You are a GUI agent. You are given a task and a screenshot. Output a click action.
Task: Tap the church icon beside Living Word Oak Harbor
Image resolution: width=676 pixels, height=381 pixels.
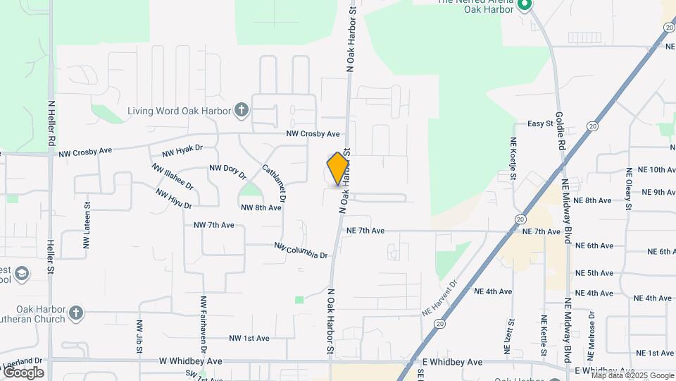pyautogui.click(x=242, y=110)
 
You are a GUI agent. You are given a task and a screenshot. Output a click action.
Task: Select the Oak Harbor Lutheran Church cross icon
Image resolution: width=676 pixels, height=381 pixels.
pyautogui.click(x=76, y=312)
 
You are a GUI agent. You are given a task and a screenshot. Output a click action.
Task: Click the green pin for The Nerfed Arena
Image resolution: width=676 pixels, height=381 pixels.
pyautogui.click(x=524, y=6)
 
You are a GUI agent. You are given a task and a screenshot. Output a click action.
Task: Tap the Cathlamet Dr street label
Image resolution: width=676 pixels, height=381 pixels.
pyautogui.click(x=274, y=184)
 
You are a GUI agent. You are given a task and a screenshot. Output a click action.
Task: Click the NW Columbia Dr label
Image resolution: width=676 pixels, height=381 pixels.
pyautogui.click(x=301, y=250)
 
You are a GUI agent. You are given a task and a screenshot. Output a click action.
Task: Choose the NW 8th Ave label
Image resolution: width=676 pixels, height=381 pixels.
pyautogui.click(x=261, y=208)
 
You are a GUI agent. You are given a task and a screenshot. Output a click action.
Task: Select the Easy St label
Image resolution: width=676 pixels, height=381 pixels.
pyautogui.click(x=541, y=124)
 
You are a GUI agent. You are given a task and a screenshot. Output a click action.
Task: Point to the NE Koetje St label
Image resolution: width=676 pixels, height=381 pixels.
pyautogui.click(x=514, y=158)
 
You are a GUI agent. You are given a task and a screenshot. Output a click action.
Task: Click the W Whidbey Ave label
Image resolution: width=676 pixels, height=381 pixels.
pyautogui.click(x=190, y=361)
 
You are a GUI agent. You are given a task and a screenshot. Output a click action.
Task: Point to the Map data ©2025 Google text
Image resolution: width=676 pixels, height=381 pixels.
pyautogui.click(x=632, y=375)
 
